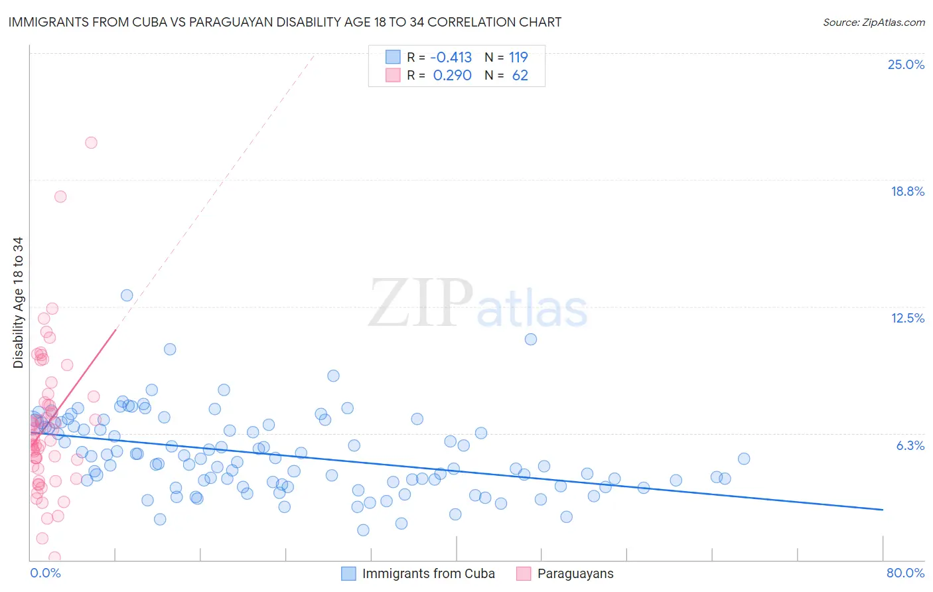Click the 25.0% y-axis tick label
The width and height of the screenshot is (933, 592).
point(906,64)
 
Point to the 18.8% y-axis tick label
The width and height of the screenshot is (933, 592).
point(907,191)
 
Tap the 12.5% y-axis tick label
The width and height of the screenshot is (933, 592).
point(907,318)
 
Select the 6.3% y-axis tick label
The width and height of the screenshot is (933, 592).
point(910,445)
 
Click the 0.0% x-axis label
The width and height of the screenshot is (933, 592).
point(45,573)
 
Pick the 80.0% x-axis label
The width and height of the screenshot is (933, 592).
point(905,573)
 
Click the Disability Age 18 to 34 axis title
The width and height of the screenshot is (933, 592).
point(18,303)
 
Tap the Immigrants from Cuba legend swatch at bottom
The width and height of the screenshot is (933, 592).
point(349,573)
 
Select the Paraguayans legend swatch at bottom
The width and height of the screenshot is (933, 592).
point(524,573)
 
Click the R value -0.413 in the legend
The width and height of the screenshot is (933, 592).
point(451,57)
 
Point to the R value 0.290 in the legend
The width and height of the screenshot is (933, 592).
point(452,76)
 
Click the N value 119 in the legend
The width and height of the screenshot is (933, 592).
point(518,57)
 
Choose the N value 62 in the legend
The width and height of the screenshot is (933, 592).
point(520,76)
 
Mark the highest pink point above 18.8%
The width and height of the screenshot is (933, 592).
point(91,143)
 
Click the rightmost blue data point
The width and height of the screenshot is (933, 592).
point(744,459)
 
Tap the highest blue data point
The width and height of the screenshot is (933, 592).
point(127,295)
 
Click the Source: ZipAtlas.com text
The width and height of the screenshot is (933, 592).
point(873,23)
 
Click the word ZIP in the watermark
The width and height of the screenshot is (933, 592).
point(420,304)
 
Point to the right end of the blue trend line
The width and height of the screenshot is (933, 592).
point(883,509)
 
